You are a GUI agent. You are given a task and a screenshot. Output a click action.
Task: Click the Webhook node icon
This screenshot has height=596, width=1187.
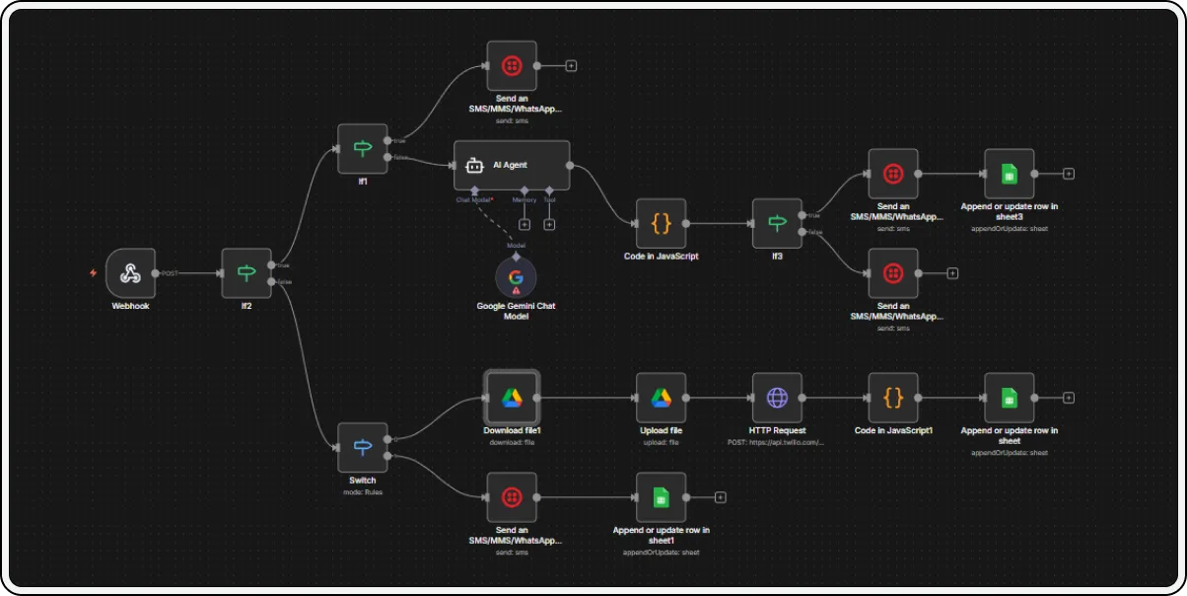pos(129,273)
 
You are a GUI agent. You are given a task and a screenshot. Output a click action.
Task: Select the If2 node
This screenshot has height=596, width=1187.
pos(246,273)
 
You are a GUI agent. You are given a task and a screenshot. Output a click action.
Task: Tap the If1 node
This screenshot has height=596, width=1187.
pos(362,149)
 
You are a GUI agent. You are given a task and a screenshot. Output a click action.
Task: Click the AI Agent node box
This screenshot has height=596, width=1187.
pos(512,165)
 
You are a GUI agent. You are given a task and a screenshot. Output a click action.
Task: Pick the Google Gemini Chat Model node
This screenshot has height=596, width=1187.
pos(516,277)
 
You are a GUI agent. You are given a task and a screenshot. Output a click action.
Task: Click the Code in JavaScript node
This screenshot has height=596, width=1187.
pos(661,224)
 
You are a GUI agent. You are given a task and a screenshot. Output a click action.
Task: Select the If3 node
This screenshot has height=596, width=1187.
pos(777,224)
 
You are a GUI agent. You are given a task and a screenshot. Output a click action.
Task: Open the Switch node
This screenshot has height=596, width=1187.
pos(362,448)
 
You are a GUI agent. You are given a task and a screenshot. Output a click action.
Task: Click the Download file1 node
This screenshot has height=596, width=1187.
pos(512,398)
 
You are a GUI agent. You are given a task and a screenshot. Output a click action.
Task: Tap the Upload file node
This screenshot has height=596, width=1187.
pos(661,398)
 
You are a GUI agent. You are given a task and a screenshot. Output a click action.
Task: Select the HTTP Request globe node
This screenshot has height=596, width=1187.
pos(777,398)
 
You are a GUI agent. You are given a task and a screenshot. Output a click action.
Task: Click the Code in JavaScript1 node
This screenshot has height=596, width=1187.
pos(893,398)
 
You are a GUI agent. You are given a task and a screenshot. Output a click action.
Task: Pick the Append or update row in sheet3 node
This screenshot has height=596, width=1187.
pos(1009,174)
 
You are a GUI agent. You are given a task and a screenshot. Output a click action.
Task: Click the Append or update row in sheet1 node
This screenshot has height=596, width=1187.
pos(661,497)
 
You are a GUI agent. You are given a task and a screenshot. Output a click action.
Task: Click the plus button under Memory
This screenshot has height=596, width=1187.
pos(524,224)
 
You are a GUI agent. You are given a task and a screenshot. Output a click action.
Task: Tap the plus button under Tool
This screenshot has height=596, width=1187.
pos(549,224)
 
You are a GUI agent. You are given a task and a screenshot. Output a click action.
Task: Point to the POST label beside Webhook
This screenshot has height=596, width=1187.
pos(170,273)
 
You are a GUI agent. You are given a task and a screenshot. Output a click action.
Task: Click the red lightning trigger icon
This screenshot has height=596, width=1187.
pos(93,273)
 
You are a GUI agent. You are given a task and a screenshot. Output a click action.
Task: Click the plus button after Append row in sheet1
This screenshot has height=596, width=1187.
pos(720,497)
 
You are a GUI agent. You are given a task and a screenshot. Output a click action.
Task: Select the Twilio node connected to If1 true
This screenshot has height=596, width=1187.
pos(512,66)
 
